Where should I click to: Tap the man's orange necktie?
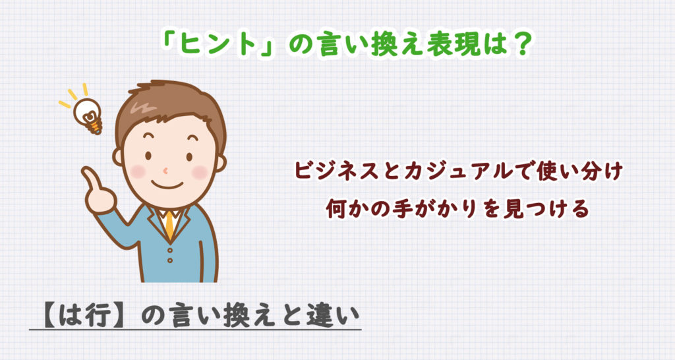click(170, 225)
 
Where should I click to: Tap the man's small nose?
click(165, 168)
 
